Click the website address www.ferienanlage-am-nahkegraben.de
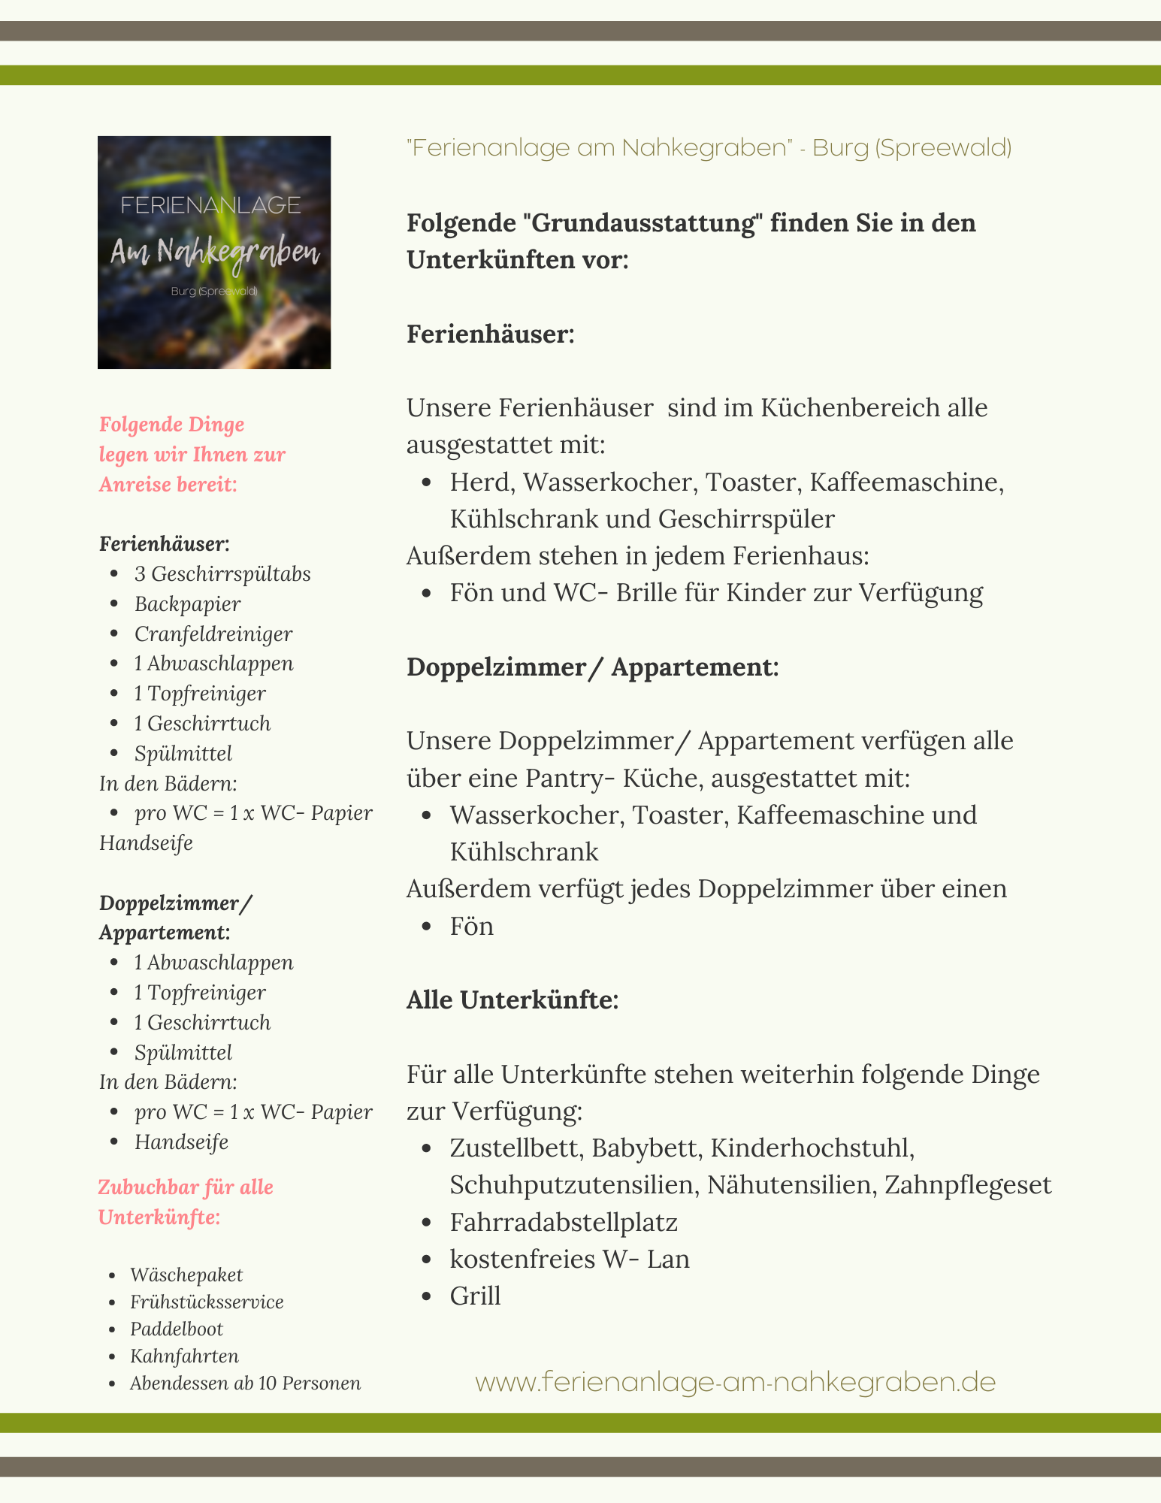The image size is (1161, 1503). click(735, 1382)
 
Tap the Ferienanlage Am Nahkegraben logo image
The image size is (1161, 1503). click(214, 252)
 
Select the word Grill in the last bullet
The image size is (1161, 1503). click(475, 1296)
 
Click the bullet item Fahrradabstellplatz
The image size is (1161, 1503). click(564, 1222)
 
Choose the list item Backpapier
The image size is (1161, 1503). click(187, 603)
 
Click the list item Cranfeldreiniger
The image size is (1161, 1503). click(213, 634)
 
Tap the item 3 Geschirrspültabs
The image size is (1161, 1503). click(222, 573)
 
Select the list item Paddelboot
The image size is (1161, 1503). click(177, 1329)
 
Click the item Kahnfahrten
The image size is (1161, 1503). click(184, 1356)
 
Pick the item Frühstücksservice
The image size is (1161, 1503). click(207, 1302)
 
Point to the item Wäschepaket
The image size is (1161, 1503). click(186, 1275)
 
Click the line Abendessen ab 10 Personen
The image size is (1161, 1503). click(245, 1383)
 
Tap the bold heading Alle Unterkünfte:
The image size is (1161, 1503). click(512, 999)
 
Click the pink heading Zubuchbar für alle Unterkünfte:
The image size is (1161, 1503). click(186, 1202)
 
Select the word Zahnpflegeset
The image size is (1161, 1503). click(968, 1185)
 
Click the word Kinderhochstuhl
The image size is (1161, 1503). click(812, 1148)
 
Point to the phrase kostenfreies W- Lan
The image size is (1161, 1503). click(570, 1259)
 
